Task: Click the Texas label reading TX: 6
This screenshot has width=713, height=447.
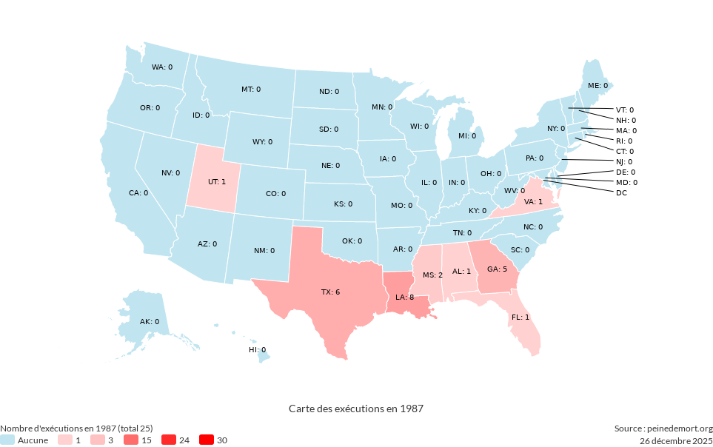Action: pyautogui.click(x=330, y=292)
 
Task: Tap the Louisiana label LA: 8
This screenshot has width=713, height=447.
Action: pyautogui.click(x=404, y=297)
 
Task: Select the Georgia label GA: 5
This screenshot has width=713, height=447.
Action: pyautogui.click(x=497, y=269)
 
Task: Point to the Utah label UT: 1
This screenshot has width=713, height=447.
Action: pyautogui.click(x=217, y=181)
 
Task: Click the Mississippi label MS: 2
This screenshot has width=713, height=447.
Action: pyautogui.click(x=432, y=275)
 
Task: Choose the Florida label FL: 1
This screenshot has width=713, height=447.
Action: pyautogui.click(x=520, y=317)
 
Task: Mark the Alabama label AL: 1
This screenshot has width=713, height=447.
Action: pyautogui.click(x=461, y=272)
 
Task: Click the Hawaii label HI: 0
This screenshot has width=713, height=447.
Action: pyautogui.click(x=257, y=349)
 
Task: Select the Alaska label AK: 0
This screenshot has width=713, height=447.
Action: pyautogui.click(x=150, y=322)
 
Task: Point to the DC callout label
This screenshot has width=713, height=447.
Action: pyautogui.click(x=621, y=193)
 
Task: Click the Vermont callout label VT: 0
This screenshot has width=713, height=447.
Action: pyautogui.click(x=625, y=110)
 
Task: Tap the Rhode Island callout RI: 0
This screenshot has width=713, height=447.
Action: pyautogui.click(x=624, y=141)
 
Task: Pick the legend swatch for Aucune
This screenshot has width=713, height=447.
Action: pyautogui.click(x=7, y=440)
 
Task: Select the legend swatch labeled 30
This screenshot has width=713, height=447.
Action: pyautogui.click(x=207, y=440)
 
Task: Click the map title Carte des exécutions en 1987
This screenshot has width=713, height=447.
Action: pyautogui.click(x=356, y=409)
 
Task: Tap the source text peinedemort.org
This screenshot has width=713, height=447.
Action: pyautogui.click(x=663, y=428)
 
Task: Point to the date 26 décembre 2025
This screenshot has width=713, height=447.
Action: pyautogui.click(x=676, y=440)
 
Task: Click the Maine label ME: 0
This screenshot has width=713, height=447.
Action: pyautogui.click(x=597, y=86)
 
